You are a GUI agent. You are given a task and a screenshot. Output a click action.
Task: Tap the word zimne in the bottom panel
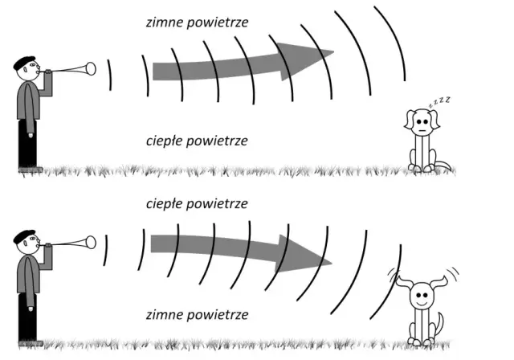pos(165,313)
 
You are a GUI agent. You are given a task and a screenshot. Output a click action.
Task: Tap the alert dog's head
pos(423,298)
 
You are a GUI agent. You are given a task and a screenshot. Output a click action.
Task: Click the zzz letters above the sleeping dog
pos(439,101)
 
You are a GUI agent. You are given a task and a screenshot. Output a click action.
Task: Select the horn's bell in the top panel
pos(90,68)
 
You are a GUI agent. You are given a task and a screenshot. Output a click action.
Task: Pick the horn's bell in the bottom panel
pos(90,240)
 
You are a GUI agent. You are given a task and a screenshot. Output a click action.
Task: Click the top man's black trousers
pos(28,149)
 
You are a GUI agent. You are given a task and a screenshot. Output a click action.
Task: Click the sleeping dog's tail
pos(443,166)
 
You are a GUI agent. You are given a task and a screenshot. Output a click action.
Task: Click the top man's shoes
pos(30,170)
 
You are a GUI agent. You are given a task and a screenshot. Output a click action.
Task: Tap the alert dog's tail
pos(443,337)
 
